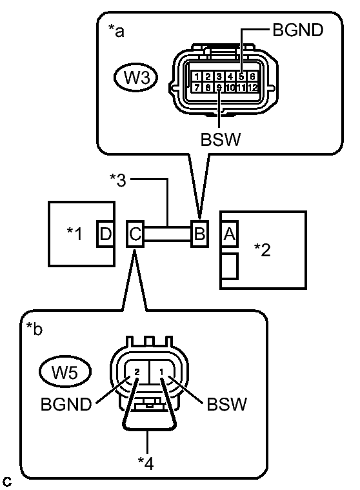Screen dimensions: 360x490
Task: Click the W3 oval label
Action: pyautogui.click(x=135, y=77)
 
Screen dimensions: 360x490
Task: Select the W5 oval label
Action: pyautogui.click(x=65, y=372)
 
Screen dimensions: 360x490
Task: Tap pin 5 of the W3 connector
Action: pyautogui.click(x=241, y=76)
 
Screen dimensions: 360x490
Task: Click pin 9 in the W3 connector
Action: pyautogui.click(x=219, y=87)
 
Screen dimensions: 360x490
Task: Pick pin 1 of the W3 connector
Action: pyautogui.click(x=197, y=76)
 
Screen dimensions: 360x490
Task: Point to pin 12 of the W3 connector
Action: pyautogui.click(x=253, y=87)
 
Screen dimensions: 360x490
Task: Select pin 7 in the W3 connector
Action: pyautogui.click(x=197, y=87)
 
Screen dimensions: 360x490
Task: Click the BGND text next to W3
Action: pyautogui.click(x=298, y=30)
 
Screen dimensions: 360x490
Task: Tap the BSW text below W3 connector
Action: pyautogui.click(x=221, y=139)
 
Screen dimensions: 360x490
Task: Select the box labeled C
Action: pyautogui.click(x=135, y=234)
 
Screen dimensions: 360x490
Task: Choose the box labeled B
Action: pyautogui.click(x=199, y=234)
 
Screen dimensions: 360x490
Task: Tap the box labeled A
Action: pyautogui.click(x=230, y=234)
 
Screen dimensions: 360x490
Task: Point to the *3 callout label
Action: pyautogui.click(x=118, y=180)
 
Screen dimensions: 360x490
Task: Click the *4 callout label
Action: pyautogui.click(x=146, y=464)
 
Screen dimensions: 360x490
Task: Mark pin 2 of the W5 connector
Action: pyautogui.click(x=137, y=372)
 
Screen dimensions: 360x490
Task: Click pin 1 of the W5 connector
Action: pyautogui.click(x=161, y=372)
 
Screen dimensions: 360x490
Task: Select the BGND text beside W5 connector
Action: pyautogui.click(x=66, y=404)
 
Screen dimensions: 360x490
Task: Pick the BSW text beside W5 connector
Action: pyautogui.click(x=226, y=404)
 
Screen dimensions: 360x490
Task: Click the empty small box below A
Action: pyautogui.click(x=230, y=266)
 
